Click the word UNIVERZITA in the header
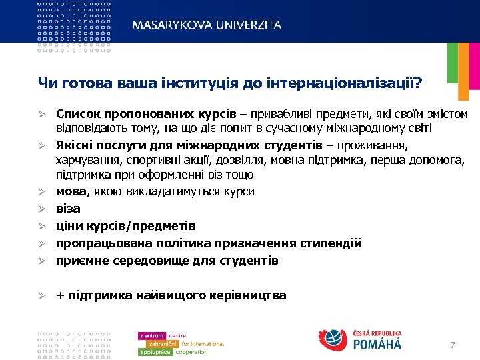[x=247, y=25]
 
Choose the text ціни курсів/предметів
[x=125, y=226]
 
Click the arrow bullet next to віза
[x=41, y=209]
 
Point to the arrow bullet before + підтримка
[x=41, y=295]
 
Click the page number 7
[x=453, y=345]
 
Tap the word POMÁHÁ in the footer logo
[x=377, y=344]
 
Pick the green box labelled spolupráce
[x=155, y=352]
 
